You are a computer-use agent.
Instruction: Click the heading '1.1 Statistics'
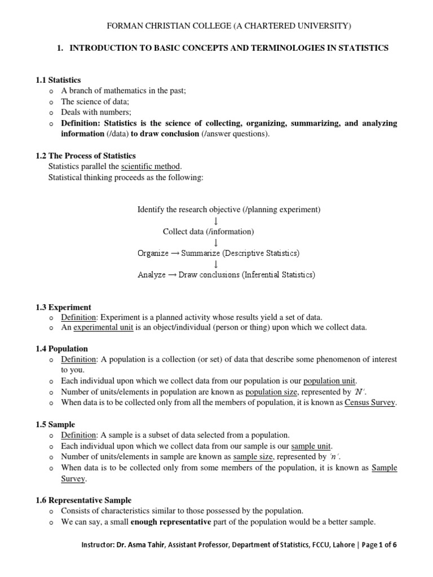pos(59,81)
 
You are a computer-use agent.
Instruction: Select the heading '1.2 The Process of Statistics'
pos(86,156)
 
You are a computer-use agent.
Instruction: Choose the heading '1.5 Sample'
pos(55,424)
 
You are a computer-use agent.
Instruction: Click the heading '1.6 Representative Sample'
pos(83,500)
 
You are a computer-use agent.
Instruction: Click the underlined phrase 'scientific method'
pos(151,166)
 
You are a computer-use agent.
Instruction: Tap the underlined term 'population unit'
pos(330,380)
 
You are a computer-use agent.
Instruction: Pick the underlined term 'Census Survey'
pos(370,402)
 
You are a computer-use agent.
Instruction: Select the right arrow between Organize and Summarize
pos(175,253)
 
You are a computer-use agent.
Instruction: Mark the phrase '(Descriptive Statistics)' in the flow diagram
pos(261,253)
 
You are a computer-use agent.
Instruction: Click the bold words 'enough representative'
pos(171,522)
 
